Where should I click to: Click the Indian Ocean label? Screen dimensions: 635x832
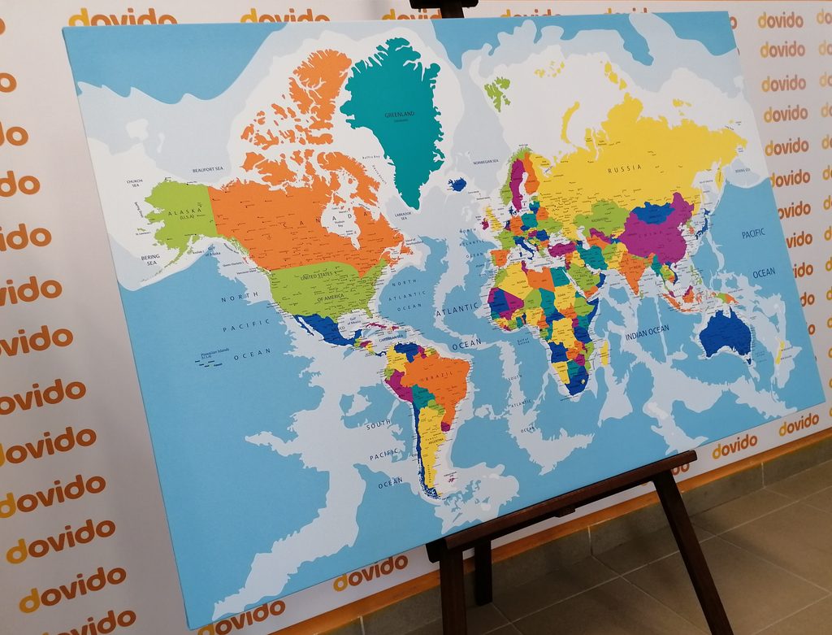pos(647,330)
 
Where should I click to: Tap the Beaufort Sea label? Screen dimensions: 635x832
pos(207,169)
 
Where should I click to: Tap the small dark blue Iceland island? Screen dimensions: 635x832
pos(458,185)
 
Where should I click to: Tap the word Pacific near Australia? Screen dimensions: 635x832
pos(753,234)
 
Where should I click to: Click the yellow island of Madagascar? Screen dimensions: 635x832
pos(604,353)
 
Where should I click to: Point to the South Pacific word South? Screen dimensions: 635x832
pos(378,426)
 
